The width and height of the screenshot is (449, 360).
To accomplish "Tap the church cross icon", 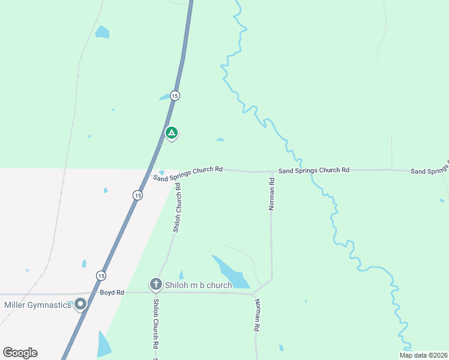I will pyautogui.click(x=155, y=284).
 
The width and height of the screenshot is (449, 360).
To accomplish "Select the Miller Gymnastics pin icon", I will pyautogui.click(x=80, y=304).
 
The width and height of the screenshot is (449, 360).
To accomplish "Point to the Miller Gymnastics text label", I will pyautogui.click(x=37, y=305).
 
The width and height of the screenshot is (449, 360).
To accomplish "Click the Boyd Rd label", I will pyautogui.click(x=112, y=292).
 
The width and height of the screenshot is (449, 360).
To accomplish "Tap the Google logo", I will pyautogui.click(x=20, y=353).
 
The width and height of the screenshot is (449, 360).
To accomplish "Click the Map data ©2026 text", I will pyautogui.click(x=423, y=355).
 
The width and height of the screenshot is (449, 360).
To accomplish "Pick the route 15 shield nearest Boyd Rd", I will pyautogui.click(x=101, y=275).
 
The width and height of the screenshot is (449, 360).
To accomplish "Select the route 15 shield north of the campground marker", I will pyautogui.click(x=174, y=95).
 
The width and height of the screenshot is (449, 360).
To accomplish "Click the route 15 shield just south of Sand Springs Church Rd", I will pyautogui.click(x=137, y=195).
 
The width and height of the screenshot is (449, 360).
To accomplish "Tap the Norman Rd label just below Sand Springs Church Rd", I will pyautogui.click(x=271, y=194).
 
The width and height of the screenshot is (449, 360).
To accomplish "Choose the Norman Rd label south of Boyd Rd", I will pyautogui.click(x=258, y=315).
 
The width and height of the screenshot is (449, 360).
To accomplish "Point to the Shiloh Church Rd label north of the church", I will pyautogui.click(x=178, y=208).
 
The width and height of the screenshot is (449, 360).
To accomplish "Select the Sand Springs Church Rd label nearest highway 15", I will pyautogui.click(x=188, y=173).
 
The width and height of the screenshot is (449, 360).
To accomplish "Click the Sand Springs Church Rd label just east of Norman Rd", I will pyautogui.click(x=313, y=170).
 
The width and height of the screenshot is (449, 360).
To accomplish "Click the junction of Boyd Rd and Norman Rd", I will pyautogui.click(x=253, y=293).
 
